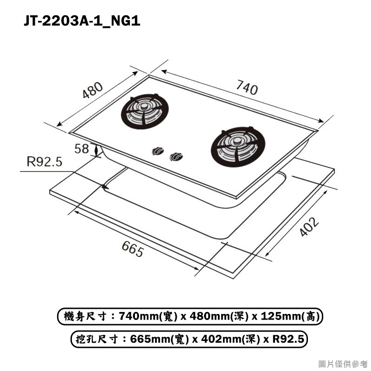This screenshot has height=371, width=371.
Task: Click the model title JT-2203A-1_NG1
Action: point(82,20)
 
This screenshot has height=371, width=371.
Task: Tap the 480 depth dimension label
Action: point(92,90)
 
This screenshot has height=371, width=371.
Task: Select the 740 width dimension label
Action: point(247,88)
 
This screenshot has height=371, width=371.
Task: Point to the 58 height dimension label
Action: point(82,149)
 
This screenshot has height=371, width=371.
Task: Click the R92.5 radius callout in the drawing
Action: point(45,162)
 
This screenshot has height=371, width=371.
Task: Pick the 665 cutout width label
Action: point(133,249)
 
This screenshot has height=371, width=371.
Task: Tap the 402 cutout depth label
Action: point(309,227)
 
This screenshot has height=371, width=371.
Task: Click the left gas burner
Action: point(145,111)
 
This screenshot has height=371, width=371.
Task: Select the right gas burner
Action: point(238,147)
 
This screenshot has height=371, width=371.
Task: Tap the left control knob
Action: point(158,151)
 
